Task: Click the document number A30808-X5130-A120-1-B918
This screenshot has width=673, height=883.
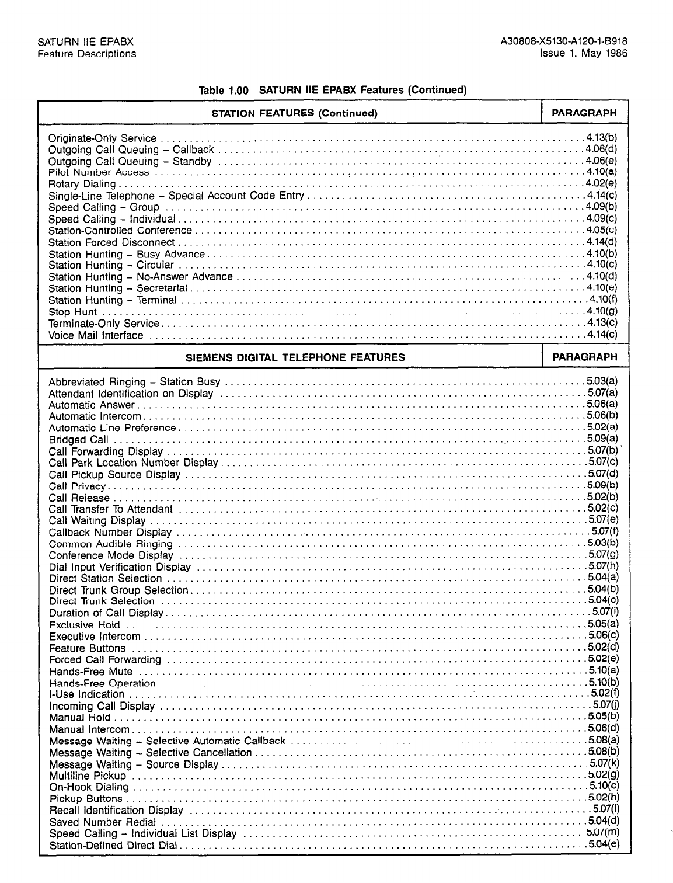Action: point(564,42)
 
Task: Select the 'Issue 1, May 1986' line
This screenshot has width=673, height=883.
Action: point(584,54)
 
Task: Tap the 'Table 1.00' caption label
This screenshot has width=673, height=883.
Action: point(224,91)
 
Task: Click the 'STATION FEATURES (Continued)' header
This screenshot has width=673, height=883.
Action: point(294,113)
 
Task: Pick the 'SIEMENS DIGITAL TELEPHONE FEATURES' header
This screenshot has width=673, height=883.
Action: point(295,357)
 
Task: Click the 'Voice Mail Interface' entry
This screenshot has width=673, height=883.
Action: point(96,335)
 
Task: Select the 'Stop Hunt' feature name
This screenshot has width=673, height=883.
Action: point(72,312)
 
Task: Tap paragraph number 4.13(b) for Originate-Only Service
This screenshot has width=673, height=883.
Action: point(602,138)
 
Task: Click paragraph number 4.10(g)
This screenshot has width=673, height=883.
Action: point(602,311)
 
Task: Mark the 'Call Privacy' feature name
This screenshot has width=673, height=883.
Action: point(77,486)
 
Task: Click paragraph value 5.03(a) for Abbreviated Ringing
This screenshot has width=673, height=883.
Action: point(602,381)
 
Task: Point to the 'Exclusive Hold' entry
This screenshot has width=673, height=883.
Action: point(85,625)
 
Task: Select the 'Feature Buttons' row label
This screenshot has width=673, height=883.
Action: point(88,648)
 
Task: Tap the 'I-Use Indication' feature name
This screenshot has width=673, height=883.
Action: point(87,694)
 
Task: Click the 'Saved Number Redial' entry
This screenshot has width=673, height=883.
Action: point(103,822)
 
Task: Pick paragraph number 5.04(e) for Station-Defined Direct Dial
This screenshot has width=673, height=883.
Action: point(604,844)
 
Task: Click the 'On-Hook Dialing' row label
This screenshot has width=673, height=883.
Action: point(89,787)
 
